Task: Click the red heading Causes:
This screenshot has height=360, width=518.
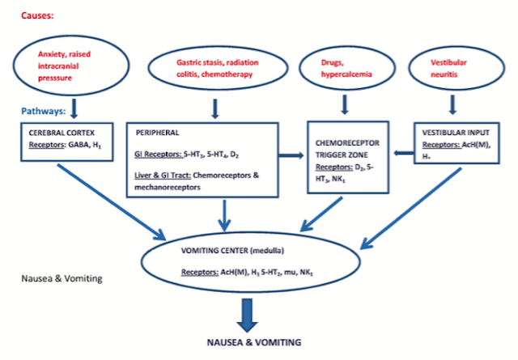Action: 37,15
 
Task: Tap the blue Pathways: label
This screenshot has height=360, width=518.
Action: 43,111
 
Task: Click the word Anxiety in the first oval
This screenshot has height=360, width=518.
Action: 53,54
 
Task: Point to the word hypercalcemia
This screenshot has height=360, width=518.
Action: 346,74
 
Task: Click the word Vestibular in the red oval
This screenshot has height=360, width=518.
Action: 448,62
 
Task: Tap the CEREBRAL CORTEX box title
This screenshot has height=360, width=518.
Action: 62,133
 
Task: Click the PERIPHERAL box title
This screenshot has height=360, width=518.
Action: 157,133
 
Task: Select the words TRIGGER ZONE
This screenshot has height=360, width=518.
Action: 342,155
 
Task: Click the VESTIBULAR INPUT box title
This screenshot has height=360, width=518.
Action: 456,133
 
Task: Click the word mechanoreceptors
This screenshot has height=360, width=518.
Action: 168,187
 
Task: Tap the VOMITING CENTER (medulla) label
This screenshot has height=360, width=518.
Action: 232,251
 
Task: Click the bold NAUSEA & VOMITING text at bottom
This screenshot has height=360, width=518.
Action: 254,342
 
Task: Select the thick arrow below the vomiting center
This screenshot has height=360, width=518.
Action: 247,316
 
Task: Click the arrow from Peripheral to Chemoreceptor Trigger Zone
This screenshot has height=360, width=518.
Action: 291,155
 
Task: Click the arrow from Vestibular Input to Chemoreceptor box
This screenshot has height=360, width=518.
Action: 404,153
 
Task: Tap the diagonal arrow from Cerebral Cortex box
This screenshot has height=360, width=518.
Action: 112,202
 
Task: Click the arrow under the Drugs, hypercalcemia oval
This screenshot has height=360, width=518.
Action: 345,104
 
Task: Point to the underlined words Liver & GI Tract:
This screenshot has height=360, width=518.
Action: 163,176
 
